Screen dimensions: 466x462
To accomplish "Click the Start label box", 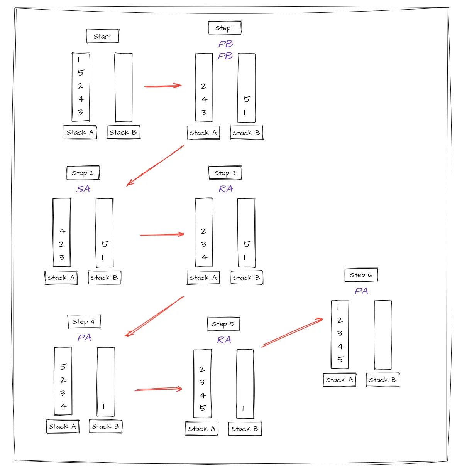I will pyautogui.click(x=102, y=36).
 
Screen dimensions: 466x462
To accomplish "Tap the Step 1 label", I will pyautogui.click(x=225, y=28).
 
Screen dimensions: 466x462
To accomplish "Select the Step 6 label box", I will pyautogui.click(x=361, y=275).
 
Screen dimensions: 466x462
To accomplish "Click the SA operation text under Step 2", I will pyautogui.click(x=83, y=189).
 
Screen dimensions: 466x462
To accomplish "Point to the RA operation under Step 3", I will pyautogui.click(x=226, y=189).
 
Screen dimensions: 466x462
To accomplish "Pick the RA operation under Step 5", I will pyautogui.click(x=224, y=340).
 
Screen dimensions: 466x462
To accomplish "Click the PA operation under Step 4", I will pyautogui.click(x=84, y=338).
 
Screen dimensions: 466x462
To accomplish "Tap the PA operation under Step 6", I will pyautogui.click(x=361, y=291).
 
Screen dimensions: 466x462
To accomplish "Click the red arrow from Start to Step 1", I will pyautogui.click(x=162, y=86).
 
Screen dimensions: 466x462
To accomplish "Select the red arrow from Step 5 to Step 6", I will pyautogui.click(x=292, y=333).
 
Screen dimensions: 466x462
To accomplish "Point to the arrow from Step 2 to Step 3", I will pyautogui.click(x=162, y=234).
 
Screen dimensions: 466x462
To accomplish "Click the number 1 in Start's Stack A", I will pyautogui.click(x=79, y=60).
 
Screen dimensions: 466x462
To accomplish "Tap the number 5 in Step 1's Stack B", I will pyautogui.click(x=247, y=99).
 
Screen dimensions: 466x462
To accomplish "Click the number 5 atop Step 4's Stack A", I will pyautogui.click(x=63, y=367).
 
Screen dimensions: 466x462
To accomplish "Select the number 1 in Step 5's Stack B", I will pyautogui.click(x=243, y=409).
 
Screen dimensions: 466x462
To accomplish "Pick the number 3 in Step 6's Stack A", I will pyautogui.click(x=340, y=333).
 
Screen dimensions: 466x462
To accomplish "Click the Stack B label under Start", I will pyautogui.click(x=124, y=132).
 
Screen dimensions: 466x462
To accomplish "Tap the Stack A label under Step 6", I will pyautogui.click(x=339, y=380).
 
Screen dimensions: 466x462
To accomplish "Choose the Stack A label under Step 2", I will pyautogui.click(x=61, y=278).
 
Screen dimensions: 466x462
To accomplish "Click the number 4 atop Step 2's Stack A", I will pyautogui.click(x=62, y=231).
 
